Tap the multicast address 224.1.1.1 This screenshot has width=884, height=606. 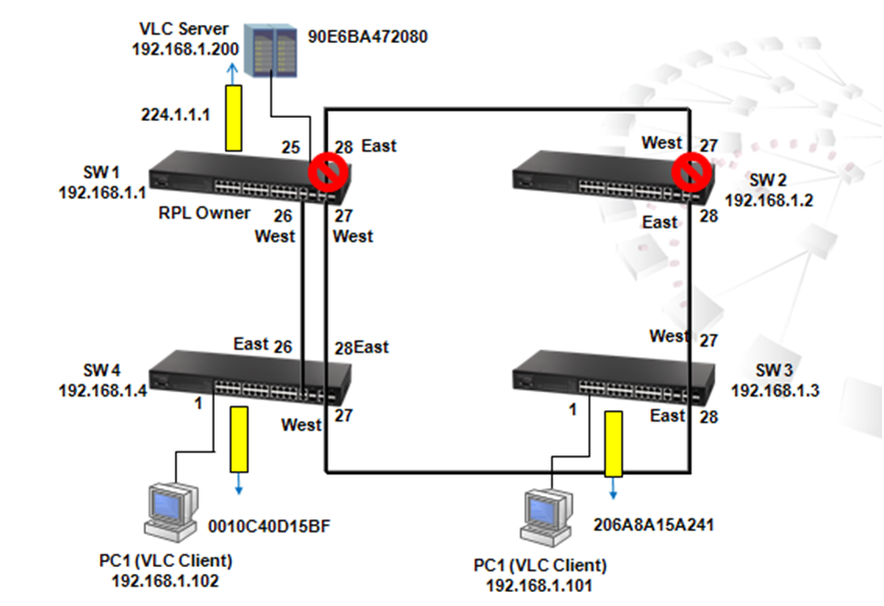[176, 114]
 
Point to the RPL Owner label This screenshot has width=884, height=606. [204, 213]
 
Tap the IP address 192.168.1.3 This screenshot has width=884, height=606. [774, 390]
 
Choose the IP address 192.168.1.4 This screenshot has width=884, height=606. [103, 390]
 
